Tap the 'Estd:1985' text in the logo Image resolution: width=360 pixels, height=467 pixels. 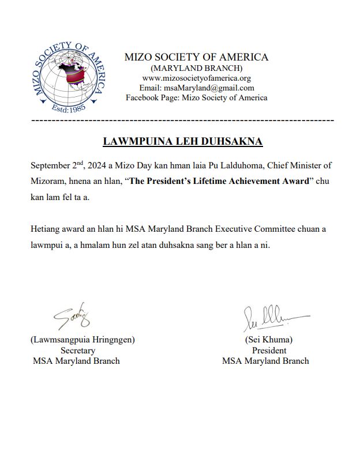click(69, 108)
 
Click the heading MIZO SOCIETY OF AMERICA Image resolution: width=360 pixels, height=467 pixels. click(196, 57)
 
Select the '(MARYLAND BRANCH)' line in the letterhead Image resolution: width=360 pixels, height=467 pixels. click(196, 68)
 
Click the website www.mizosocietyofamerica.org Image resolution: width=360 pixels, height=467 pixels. click(196, 78)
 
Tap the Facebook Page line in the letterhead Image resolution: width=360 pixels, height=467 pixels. click(196, 97)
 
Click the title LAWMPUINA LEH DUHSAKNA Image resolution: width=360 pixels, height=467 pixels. click(182, 141)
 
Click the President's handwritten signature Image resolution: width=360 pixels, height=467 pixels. click(272, 317)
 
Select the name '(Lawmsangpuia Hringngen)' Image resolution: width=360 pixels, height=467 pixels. click(82, 340)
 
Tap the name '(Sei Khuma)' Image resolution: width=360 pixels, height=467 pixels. click(269, 340)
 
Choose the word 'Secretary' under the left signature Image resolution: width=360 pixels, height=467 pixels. click(78, 350)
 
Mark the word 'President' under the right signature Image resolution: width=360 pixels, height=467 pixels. click(269, 350)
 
